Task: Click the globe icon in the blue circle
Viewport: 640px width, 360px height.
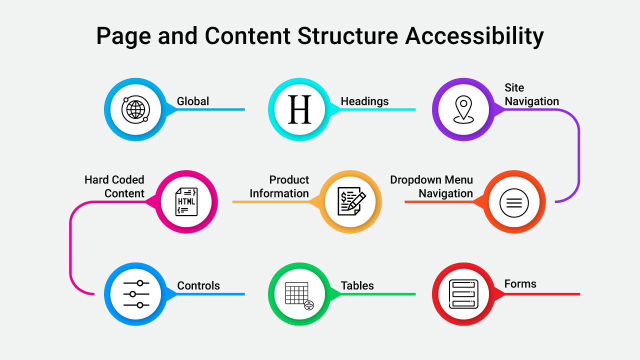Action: point(135,109)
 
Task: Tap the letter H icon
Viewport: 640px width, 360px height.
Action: point(299,109)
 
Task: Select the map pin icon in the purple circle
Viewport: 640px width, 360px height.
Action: point(463,109)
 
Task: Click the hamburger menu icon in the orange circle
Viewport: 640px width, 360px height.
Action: point(514,202)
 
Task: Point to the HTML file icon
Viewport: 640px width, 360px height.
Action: point(186,202)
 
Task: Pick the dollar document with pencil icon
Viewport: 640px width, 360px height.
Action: point(351,202)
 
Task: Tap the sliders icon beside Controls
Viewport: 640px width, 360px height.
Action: point(136,294)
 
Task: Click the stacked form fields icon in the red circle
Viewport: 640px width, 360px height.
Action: point(463,294)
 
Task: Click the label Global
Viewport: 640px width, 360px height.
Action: point(193,101)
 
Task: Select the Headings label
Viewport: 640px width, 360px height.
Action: point(364,101)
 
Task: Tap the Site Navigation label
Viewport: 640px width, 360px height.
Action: point(531,94)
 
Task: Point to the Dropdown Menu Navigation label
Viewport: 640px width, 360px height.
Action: point(431,186)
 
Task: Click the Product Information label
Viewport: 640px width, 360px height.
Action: point(279,186)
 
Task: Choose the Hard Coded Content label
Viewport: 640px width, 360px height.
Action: point(114,186)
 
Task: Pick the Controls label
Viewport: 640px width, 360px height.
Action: point(198,286)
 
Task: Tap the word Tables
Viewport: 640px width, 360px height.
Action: point(357,286)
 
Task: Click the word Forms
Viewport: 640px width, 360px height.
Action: point(520,284)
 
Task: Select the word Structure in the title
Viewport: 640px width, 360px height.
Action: point(348,36)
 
